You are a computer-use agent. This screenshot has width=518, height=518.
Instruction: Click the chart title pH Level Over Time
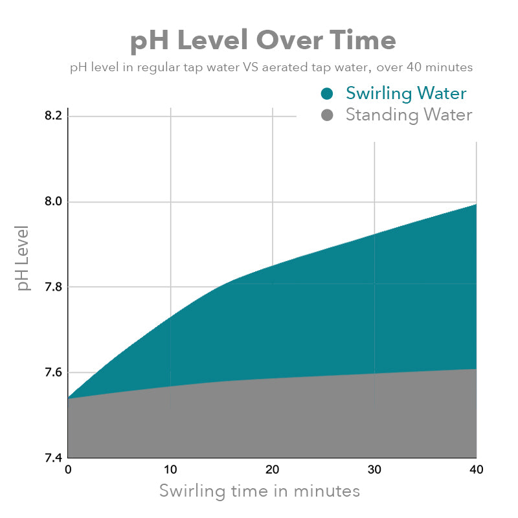coord(263,41)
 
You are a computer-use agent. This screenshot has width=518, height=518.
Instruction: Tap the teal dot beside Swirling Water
coord(327,94)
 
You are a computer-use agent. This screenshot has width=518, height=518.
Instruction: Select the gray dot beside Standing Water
coord(327,116)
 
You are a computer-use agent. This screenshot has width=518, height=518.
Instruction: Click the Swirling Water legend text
coord(406,93)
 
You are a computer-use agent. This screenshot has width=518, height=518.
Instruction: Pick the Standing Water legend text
coord(409,115)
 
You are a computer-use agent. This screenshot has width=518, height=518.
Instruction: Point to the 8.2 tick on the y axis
coord(54,116)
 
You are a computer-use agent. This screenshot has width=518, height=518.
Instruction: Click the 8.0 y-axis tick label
coord(54,201)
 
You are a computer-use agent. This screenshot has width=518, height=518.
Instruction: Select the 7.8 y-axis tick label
coord(54,287)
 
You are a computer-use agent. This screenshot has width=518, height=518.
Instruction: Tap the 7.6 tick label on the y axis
coord(54,372)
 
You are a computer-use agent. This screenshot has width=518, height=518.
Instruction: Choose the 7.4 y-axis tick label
coord(54,458)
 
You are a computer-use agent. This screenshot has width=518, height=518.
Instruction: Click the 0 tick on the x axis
coord(68,470)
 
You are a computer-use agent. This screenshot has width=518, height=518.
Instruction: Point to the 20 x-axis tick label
coord(272,470)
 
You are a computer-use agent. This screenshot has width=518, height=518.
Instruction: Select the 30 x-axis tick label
coord(374,470)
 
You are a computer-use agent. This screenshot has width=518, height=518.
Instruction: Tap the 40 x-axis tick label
coord(476,470)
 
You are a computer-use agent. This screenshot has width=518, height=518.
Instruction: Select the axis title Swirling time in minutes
coord(260,491)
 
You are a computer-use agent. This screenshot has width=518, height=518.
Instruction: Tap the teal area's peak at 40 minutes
coord(476,205)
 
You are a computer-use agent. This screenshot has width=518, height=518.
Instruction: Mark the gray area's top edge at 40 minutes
coord(476,369)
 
